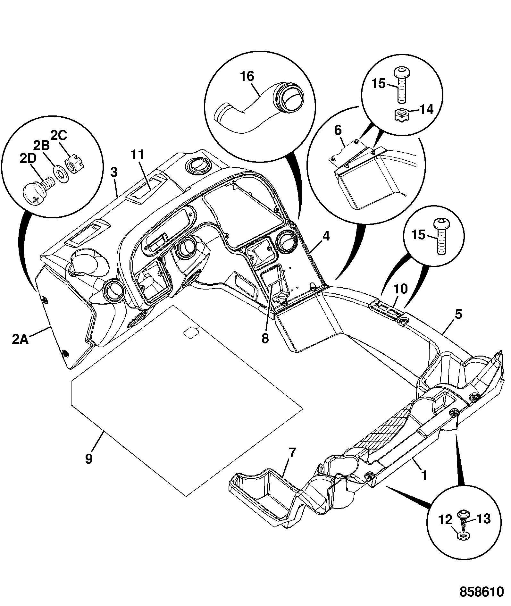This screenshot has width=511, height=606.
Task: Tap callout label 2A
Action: click(x=21, y=339)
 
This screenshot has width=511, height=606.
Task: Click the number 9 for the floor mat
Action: click(x=89, y=459)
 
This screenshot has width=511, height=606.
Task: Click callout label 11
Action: click(x=138, y=155)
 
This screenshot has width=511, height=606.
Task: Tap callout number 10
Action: click(x=401, y=289)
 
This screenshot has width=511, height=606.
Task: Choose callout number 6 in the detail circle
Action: click(x=338, y=130)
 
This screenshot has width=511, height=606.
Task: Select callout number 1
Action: click(x=424, y=476)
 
